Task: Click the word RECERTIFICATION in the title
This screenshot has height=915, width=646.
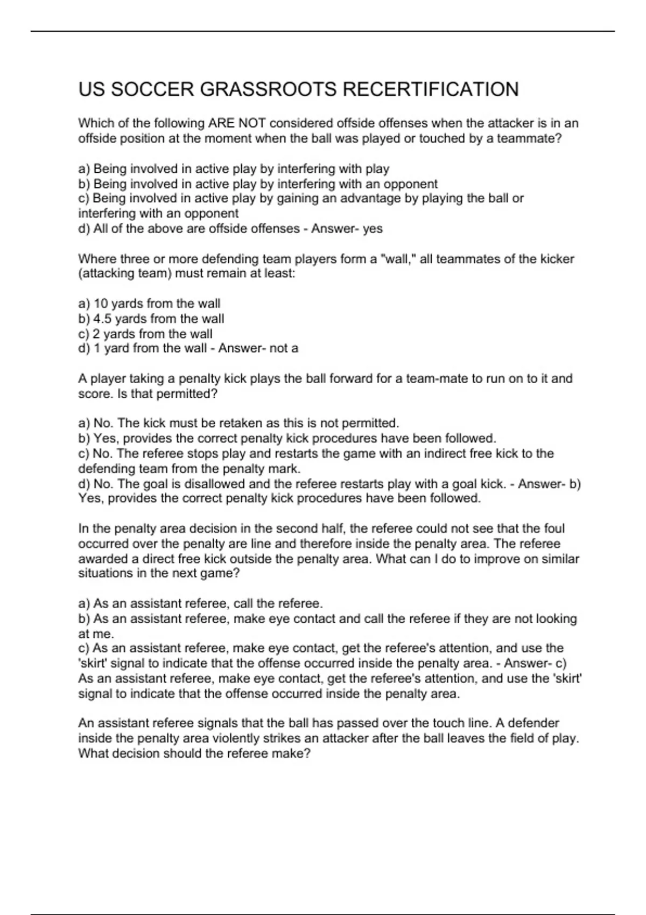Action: [430, 89]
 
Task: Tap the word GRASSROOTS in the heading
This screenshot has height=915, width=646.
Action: [269, 89]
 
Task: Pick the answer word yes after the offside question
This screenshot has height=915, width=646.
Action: [373, 229]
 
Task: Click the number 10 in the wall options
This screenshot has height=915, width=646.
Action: [101, 304]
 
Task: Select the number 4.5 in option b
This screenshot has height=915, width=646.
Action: [102, 319]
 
